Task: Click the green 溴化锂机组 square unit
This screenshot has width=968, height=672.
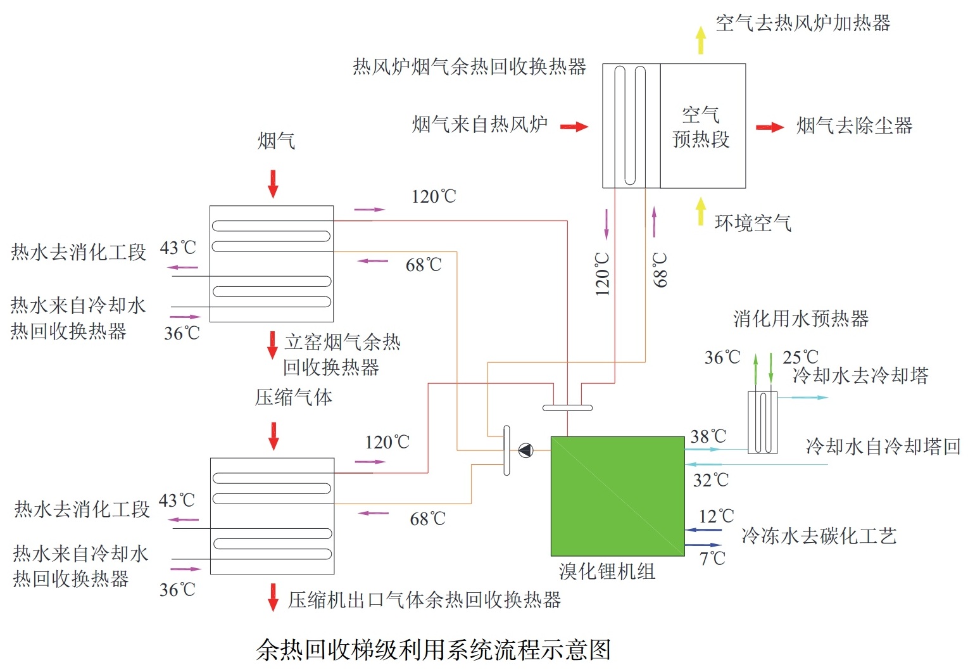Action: click(617, 496)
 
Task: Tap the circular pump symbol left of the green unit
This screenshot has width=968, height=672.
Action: click(525, 450)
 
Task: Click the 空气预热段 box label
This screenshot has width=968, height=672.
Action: click(701, 127)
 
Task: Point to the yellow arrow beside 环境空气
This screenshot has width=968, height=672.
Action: click(700, 211)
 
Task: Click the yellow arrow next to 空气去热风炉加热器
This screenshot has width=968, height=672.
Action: click(700, 40)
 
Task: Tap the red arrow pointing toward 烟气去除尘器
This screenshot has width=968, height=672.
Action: click(770, 127)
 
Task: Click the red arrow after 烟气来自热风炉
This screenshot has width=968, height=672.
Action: click(574, 127)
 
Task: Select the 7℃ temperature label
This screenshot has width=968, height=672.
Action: click(712, 559)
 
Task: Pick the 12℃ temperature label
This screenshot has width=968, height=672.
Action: click(716, 516)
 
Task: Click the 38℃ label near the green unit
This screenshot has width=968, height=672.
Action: click(708, 436)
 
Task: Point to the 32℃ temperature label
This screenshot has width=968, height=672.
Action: click(710, 480)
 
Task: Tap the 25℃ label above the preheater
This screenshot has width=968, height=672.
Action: click(800, 357)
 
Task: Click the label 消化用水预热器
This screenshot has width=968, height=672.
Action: click(800, 319)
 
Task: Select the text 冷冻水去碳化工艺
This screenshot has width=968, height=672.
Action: click(819, 536)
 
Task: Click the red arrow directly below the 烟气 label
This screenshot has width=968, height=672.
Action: click(273, 184)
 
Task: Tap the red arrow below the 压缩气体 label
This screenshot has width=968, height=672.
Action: click(273, 436)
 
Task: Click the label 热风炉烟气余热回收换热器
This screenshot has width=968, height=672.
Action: click(469, 67)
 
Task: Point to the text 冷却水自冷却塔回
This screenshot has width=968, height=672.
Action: click(883, 447)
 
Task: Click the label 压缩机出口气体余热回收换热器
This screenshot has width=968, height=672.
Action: click(424, 600)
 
